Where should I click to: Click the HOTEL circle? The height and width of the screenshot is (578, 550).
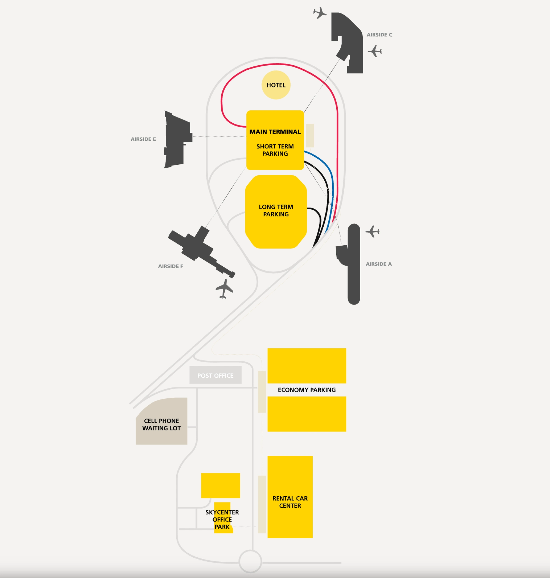(x=276, y=85)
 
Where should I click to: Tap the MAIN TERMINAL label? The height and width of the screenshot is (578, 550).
(x=275, y=132)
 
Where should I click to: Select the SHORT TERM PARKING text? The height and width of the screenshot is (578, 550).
(x=275, y=150)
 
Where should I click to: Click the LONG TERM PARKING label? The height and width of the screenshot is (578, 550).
(x=276, y=210)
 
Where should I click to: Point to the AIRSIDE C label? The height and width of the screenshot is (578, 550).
(x=380, y=35)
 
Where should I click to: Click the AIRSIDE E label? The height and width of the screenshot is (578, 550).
(x=143, y=139)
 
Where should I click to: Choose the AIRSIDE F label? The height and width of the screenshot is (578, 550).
(x=170, y=266)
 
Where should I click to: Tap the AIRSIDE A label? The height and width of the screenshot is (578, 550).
(x=379, y=264)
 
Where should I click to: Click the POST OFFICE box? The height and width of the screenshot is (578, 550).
(x=216, y=375)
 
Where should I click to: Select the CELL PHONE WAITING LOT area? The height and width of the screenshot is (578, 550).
(x=161, y=424)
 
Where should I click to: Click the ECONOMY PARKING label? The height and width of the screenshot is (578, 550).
(x=307, y=390)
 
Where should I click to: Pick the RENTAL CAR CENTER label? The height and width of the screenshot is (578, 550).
(x=290, y=502)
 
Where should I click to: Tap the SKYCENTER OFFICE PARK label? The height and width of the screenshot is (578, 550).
(x=222, y=519)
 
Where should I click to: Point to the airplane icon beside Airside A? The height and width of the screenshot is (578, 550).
(x=373, y=231)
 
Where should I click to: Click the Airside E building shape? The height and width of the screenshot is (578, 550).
(x=177, y=139)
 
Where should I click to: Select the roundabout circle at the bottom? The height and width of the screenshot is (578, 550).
(x=250, y=561)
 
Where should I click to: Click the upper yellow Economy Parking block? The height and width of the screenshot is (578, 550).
(x=307, y=365)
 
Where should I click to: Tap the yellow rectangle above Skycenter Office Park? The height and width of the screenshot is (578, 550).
(x=221, y=485)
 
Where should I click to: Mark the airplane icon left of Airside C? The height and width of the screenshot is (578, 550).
(x=320, y=13)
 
